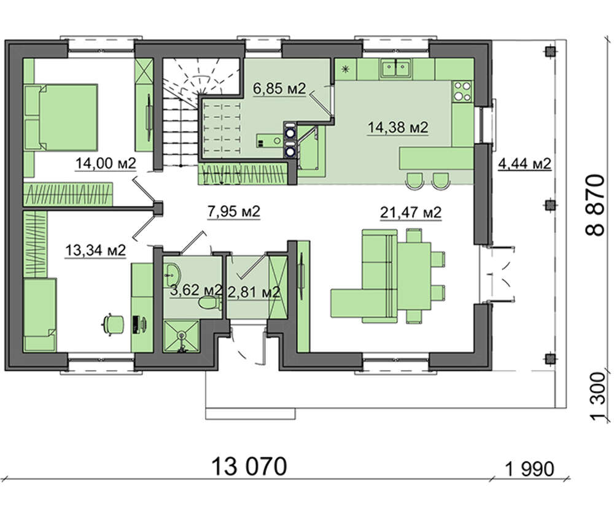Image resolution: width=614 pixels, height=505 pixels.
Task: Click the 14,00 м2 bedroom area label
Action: pyautogui.click(x=106, y=163)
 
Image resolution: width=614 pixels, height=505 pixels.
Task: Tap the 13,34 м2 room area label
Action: pyautogui.click(x=95, y=249)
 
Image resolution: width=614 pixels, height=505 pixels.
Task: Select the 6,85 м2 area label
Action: pyautogui.click(x=279, y=88)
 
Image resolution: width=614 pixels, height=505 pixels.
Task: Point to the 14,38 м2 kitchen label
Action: pyautogui.click(x=398, y=127)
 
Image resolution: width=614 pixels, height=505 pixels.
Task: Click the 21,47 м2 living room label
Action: pyautogui.click(x=411, y=213)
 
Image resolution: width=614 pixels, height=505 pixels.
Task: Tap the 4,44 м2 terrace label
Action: pyautogui.click(x=525, y=163)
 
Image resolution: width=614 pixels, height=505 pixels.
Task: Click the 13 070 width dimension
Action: pyautogui.click(x=249, y=466)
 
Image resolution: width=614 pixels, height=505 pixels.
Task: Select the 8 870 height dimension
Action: pyautogui.click(x=595, y=205)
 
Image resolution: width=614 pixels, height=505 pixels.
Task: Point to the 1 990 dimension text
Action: pyautogui.click(x=530, y=469)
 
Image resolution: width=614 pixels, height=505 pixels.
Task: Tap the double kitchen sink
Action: pyautogui.click(x=395, y=68)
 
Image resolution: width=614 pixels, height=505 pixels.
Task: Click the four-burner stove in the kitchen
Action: pyautogui.click(x=462, y=91)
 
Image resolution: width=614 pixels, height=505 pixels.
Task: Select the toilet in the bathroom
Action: pyautogui.click(x=209, y=303)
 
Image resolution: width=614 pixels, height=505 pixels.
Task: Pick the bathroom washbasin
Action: pyautogui.click(x=172, y=273)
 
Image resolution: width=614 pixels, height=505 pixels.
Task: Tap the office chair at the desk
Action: pyautogui.click(x=113, y=324)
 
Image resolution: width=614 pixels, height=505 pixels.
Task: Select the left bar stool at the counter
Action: pyautogui.click(x=414, y=181)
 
